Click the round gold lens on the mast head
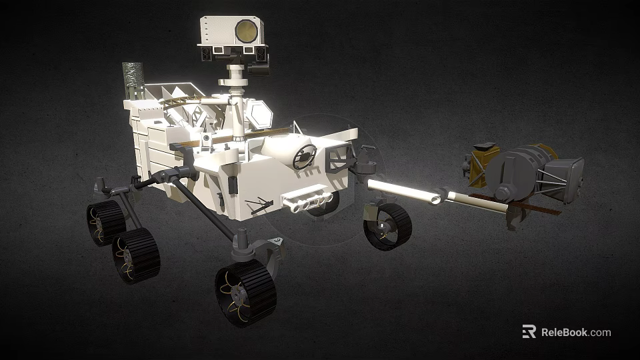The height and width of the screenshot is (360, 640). point(245,30)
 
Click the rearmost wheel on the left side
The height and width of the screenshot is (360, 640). point(105,223)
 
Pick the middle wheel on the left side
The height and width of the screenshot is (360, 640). point(136,255)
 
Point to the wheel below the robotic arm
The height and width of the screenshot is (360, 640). point(387,227)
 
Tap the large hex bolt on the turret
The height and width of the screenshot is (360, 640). point(503,193)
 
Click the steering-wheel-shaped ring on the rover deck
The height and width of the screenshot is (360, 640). point(305,156)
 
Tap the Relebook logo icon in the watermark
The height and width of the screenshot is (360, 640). point(529,331)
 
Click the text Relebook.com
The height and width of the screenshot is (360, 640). point(576,332)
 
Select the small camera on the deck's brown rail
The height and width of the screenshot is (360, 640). point(207,138)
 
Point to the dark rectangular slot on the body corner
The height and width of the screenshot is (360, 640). point(233,184)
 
